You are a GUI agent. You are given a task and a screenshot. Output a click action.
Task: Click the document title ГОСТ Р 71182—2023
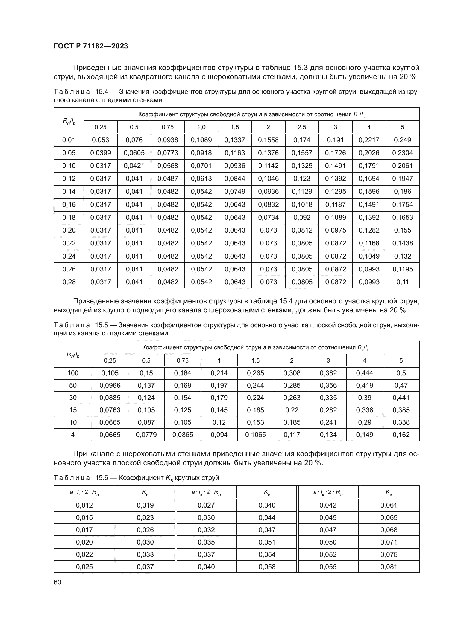(x=91, y=46)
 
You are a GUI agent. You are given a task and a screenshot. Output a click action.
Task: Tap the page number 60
(x=57, y=582)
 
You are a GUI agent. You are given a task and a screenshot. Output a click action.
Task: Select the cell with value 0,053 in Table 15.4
(x=101, y=140)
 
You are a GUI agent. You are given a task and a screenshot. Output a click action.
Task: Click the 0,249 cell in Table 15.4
(x=402, y=140)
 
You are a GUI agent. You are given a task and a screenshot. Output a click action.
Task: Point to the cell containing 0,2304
(x=402, y=153)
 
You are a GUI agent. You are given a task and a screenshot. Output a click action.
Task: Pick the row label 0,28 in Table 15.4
(x=69, y=282)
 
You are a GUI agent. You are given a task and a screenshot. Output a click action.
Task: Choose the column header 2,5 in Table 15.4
(x=302, y=127)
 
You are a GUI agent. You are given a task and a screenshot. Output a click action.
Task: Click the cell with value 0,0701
(x=201, y=166)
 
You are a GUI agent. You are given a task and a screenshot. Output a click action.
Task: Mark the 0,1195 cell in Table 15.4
(x=402, y=269)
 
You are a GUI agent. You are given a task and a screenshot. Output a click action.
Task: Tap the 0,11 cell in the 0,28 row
(x=402, y=282)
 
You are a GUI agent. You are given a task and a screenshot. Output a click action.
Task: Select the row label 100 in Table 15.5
(x=73, y=373)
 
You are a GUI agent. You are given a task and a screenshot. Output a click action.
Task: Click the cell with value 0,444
(x=364, y=373)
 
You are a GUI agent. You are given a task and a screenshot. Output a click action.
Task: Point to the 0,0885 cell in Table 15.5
(x=110, y=398)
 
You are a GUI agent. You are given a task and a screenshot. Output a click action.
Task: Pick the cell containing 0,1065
(x=256, y=434)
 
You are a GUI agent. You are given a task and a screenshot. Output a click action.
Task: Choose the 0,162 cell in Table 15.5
(x=401, y=434)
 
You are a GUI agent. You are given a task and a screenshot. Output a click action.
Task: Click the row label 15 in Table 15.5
(x=73, y=410)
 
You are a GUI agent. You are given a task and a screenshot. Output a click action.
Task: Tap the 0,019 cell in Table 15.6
(x=145, y=505)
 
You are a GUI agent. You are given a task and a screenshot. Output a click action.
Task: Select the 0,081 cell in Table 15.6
(x=389, y=567)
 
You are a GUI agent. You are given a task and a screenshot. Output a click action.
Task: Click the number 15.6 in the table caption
(x=101, y=478)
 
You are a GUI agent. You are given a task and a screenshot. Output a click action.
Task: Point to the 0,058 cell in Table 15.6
(x=267, y=567)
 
